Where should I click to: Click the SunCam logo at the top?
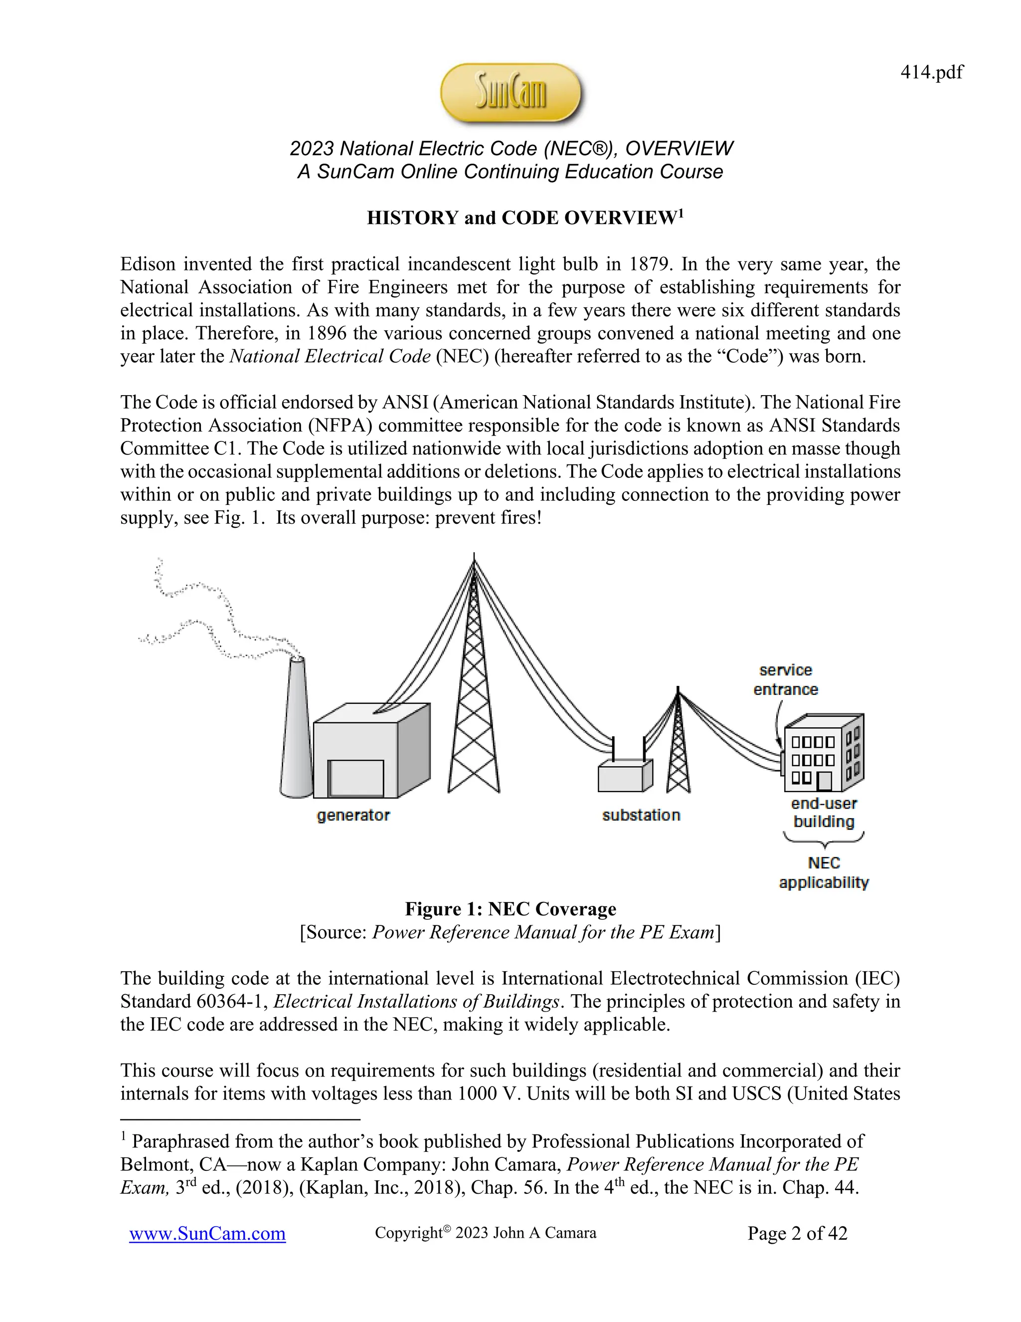coord(511,93)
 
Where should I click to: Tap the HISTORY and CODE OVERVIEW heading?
coord(524,218)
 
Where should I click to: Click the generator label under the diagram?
coord(353,815)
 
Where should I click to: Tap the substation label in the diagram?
coord(641,815)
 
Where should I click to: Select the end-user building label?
coord(824,813)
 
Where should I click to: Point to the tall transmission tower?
coord(474,696)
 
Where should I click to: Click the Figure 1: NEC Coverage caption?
coord(510,909)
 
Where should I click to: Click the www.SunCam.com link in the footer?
coord(207,1233)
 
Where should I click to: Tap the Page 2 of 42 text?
coord(797,1233)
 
